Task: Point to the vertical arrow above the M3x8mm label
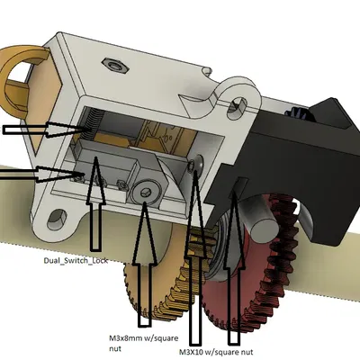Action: tap(144, 270)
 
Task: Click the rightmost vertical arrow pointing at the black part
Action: tap(234, 270)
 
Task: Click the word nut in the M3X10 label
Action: tap(243, 351)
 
